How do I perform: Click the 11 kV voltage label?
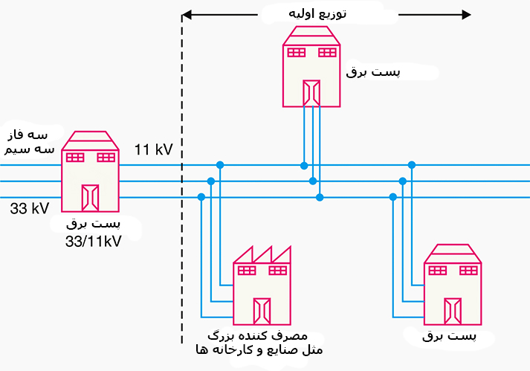pyautogui.click(x=153, y=150)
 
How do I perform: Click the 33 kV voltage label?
pyautogui.click(x=29, y=208)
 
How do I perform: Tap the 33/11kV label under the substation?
pyautogui.click(x=94, y=242)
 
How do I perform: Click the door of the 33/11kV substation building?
pyautogui.click(x=90, y=197)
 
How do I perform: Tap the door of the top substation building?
pyautogui.click(x=311, y=93)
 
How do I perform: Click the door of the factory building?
pyautogui.click(x=262, y=311)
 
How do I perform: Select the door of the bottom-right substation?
pyautogui.click(x=452, y=311)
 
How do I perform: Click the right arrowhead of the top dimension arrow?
pyautogui.click(x=466, y=15)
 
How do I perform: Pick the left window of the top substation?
pyautogui.click(x=296, y=52)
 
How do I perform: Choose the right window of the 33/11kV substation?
pyautogui.click(x=106, y=157)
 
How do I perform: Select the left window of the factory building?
pyautogui.click(x=246, y=270)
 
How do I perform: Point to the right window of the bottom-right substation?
pyautogui.click(x=468, y=270)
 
